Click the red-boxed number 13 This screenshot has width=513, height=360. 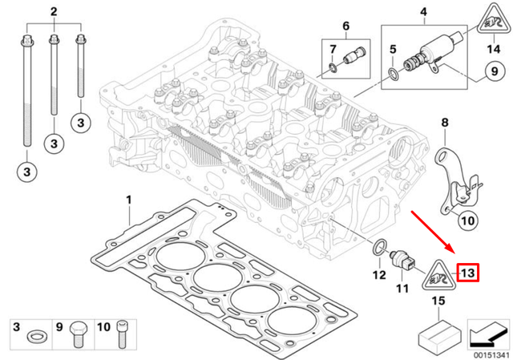[468, 273]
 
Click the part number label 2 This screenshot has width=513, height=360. [54, 12]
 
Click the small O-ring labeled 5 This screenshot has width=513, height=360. [391, 75]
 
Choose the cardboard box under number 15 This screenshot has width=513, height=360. [439, 334]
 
